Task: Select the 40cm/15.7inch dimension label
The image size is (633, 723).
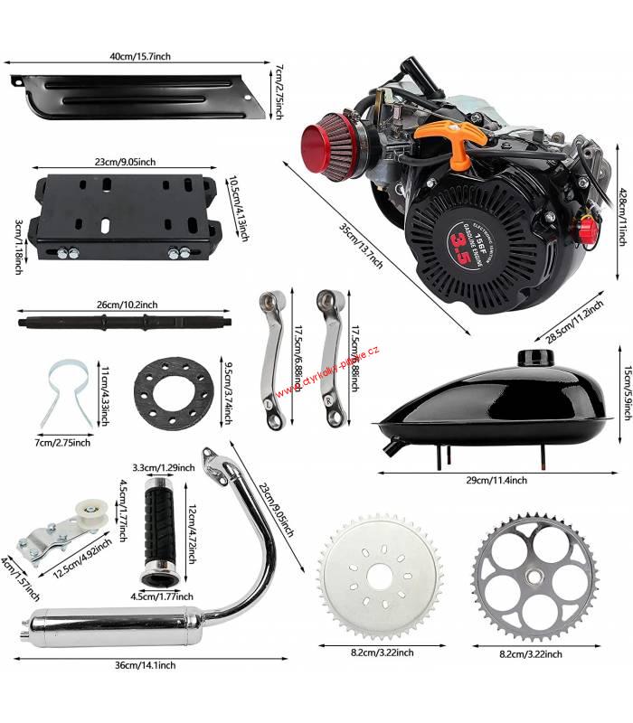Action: [140, 56]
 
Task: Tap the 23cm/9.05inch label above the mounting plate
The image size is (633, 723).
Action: [125, 162]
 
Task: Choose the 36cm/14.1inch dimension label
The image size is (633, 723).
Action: [147, 664]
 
